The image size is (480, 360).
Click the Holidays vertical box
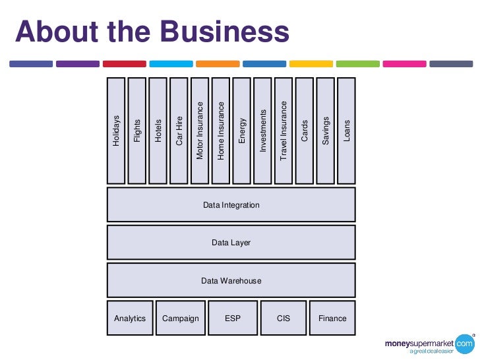[116, 131]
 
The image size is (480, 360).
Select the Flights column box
[137, 131]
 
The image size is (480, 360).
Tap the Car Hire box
[179, 131]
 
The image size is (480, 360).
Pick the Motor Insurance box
[200, 131]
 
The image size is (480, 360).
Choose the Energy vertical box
[242, 131]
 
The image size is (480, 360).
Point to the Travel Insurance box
[284, 131]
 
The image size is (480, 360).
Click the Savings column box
[326, 131]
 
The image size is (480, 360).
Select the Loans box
[347, 131]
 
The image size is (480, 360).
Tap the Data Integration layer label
[231, 205]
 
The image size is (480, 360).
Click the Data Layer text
[231, 243]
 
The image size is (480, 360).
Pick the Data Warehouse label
[231, 281]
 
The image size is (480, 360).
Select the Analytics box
[130, 318]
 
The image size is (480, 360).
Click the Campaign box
[181, 318]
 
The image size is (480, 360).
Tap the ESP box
[233, 318]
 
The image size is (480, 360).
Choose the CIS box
[284, 318]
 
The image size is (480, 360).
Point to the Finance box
[332, 318]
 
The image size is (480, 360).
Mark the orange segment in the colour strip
[218, 64]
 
